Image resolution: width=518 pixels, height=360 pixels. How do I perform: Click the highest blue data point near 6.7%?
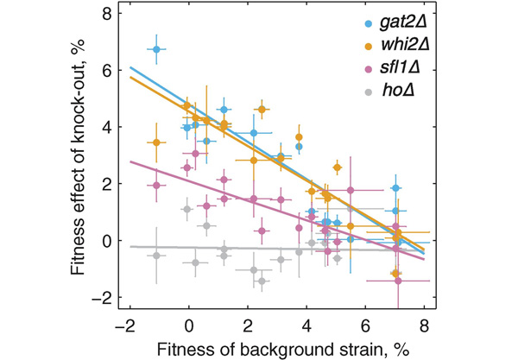156,50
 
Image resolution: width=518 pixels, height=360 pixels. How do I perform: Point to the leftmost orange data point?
156,142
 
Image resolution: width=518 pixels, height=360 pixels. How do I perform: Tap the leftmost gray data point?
156,256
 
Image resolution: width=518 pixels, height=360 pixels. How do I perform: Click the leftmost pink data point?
156,186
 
